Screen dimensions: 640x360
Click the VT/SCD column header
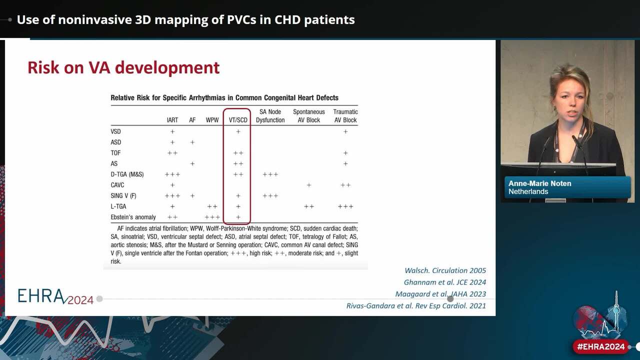(238, 120)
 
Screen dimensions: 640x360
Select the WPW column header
(212, 120)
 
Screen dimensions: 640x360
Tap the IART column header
(172, 120)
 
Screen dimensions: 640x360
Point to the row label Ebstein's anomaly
(133, 217)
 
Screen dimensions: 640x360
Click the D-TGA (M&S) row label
(127, 174)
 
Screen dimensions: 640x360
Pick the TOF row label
(115, 153)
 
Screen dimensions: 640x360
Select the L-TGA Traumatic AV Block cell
(345, 206)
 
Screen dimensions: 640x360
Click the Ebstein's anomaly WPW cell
(212, 217)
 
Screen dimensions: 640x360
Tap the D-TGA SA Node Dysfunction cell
(270, 174)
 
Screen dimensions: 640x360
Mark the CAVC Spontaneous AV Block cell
(309, 185)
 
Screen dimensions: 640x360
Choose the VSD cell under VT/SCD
(238, 131)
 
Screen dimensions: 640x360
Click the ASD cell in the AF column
(192, 142)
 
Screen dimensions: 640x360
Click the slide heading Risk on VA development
(123, 67)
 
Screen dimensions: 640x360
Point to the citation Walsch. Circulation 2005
(445, 270)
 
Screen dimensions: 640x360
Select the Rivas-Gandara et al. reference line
(416, 305)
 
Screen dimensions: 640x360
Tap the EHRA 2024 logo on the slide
(55, 296)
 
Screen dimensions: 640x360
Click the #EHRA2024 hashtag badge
(601, 347)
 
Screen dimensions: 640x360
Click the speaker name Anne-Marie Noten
(539, 183)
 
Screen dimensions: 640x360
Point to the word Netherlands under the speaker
(528, 191)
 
